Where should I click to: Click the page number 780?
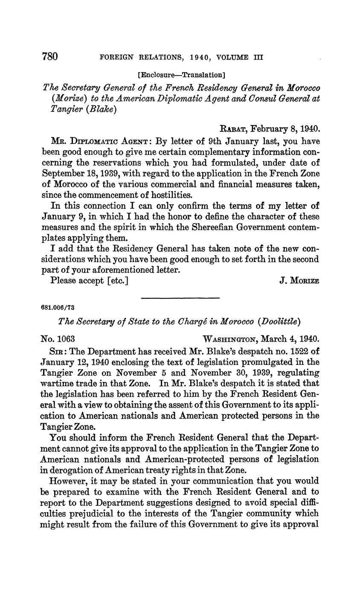pyautogui.click(x=49, y=57)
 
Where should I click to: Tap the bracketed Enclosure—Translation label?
pyautogui.click(x=181, y=75)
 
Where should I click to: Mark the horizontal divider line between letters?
pyautogui.click(x=180, y=297)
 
